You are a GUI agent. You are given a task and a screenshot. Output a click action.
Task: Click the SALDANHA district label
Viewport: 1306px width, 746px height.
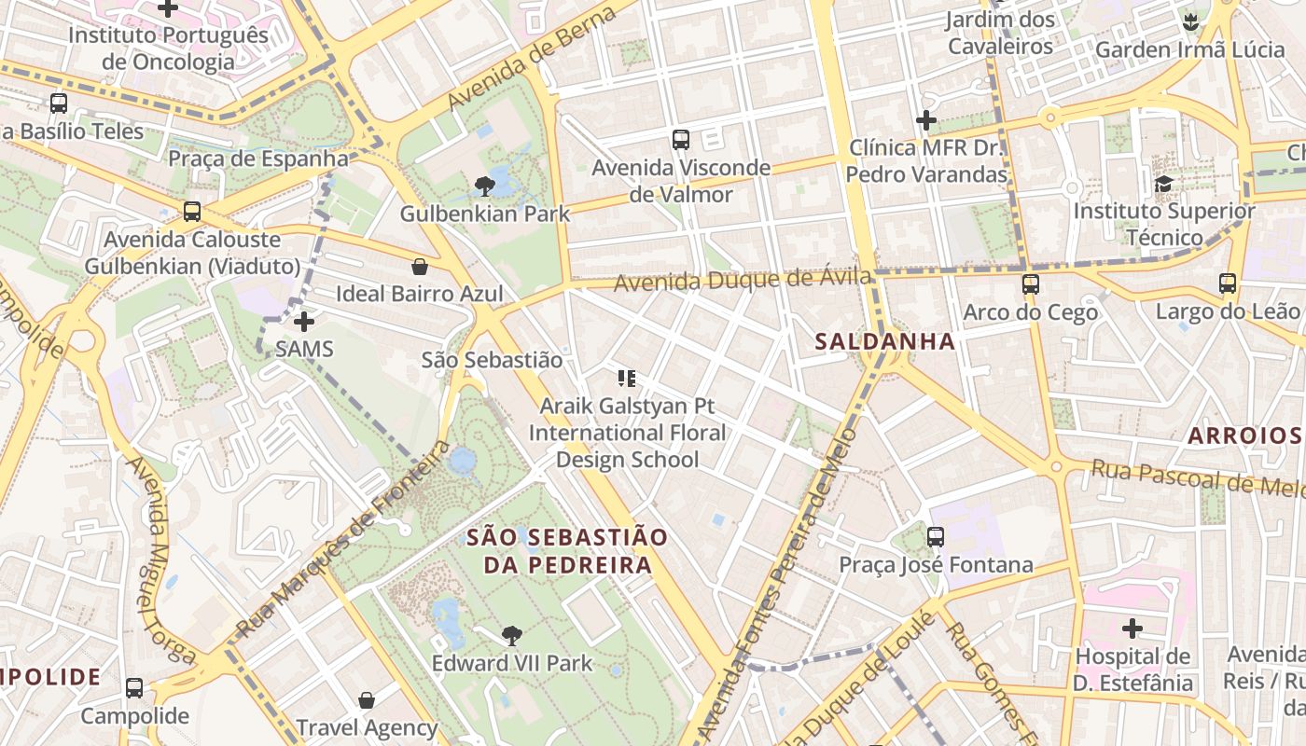885,341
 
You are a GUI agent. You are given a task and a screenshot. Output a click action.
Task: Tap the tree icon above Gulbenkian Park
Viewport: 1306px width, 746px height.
484,186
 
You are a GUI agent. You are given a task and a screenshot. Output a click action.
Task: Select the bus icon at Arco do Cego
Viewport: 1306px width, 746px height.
1030,284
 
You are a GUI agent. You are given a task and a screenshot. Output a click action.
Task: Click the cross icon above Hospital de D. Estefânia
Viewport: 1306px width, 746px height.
1132,629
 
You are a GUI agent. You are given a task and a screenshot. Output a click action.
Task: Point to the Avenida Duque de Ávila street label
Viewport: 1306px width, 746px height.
743,279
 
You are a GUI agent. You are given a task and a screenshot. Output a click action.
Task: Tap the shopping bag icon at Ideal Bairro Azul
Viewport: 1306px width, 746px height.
420,268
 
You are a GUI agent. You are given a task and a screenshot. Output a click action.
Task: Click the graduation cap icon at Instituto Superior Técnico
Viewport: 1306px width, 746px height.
1163,184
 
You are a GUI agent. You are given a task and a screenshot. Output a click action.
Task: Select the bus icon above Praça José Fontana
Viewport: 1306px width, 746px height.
936,537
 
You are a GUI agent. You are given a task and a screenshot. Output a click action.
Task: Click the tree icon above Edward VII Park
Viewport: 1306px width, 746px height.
511,636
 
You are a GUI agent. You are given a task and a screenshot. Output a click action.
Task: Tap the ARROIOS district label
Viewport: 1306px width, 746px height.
1244,435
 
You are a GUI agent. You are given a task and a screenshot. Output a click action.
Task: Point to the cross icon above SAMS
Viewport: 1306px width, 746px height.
304,322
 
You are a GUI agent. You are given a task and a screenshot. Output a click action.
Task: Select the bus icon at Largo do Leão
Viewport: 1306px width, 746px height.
1228,283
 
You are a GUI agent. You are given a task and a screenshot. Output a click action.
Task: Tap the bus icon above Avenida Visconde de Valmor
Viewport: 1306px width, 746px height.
681,140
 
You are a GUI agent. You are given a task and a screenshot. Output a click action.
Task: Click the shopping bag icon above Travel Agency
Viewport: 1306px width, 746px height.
367,699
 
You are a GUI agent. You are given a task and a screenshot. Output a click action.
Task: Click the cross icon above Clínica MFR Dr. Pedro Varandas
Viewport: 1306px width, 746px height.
925,119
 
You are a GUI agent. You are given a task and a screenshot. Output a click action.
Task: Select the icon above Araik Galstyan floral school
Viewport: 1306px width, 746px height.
627,378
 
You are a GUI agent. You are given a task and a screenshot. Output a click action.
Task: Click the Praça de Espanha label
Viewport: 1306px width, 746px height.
258,159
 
